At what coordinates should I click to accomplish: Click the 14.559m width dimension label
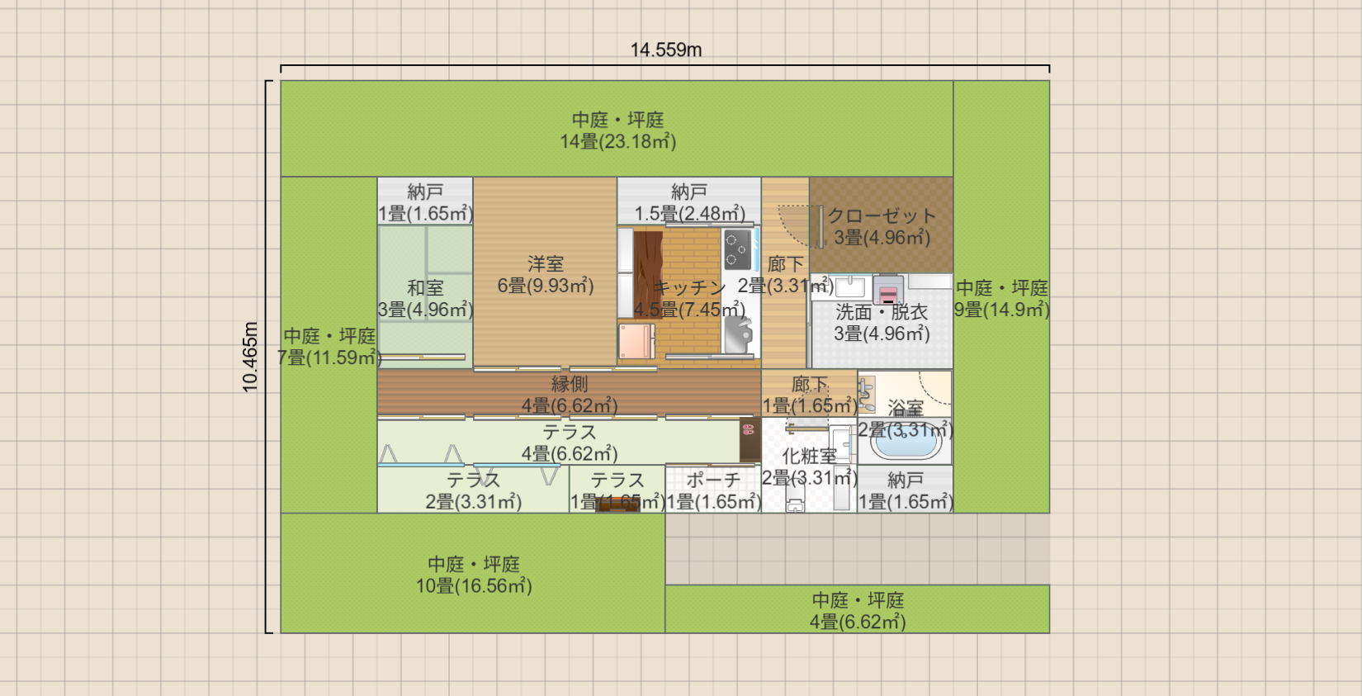665,50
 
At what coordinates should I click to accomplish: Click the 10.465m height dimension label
250,357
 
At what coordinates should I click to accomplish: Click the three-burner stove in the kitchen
737,249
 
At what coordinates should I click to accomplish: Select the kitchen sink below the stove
738,333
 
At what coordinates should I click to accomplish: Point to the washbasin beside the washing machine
849,286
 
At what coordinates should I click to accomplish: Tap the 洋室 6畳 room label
545,275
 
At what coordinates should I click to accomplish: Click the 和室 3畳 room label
425,299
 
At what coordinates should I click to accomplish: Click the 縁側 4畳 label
569,395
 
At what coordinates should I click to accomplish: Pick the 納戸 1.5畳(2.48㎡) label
688,202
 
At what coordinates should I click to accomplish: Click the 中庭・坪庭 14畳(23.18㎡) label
617,130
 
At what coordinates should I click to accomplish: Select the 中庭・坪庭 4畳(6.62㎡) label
857,611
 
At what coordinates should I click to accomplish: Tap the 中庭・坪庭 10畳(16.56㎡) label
473,575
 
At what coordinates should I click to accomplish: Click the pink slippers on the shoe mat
749,429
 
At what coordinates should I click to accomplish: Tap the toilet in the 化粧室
795,504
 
